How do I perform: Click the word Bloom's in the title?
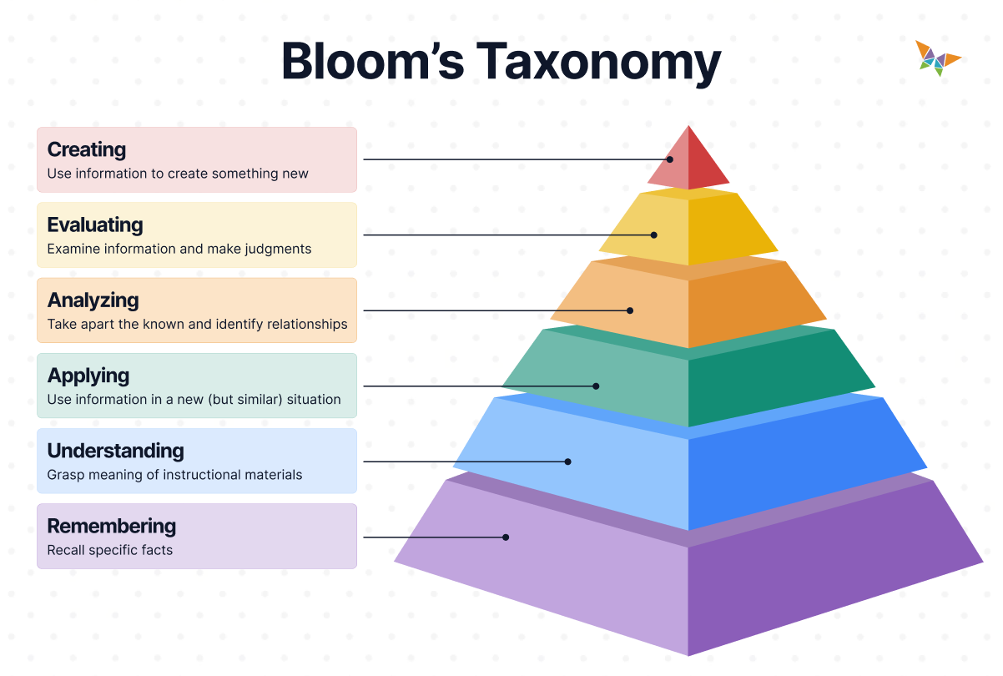pos(372,60)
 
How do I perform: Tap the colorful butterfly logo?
pos(937,58)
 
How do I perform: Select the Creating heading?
pos(87,149)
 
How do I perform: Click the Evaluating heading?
pos(95,224)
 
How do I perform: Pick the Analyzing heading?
pos(93,300)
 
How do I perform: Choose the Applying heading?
pos(88,375)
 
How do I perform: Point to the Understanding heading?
pos(115,451)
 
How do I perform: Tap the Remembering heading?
pos(112,526)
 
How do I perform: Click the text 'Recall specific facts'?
pos(110,550)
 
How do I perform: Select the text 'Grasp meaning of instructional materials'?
pos(174,475)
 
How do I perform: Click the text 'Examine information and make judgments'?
pos(179,249)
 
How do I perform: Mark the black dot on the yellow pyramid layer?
pos(655,235)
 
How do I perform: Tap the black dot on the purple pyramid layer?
pos(506,537)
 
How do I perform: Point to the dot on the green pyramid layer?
pos(596,386)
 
